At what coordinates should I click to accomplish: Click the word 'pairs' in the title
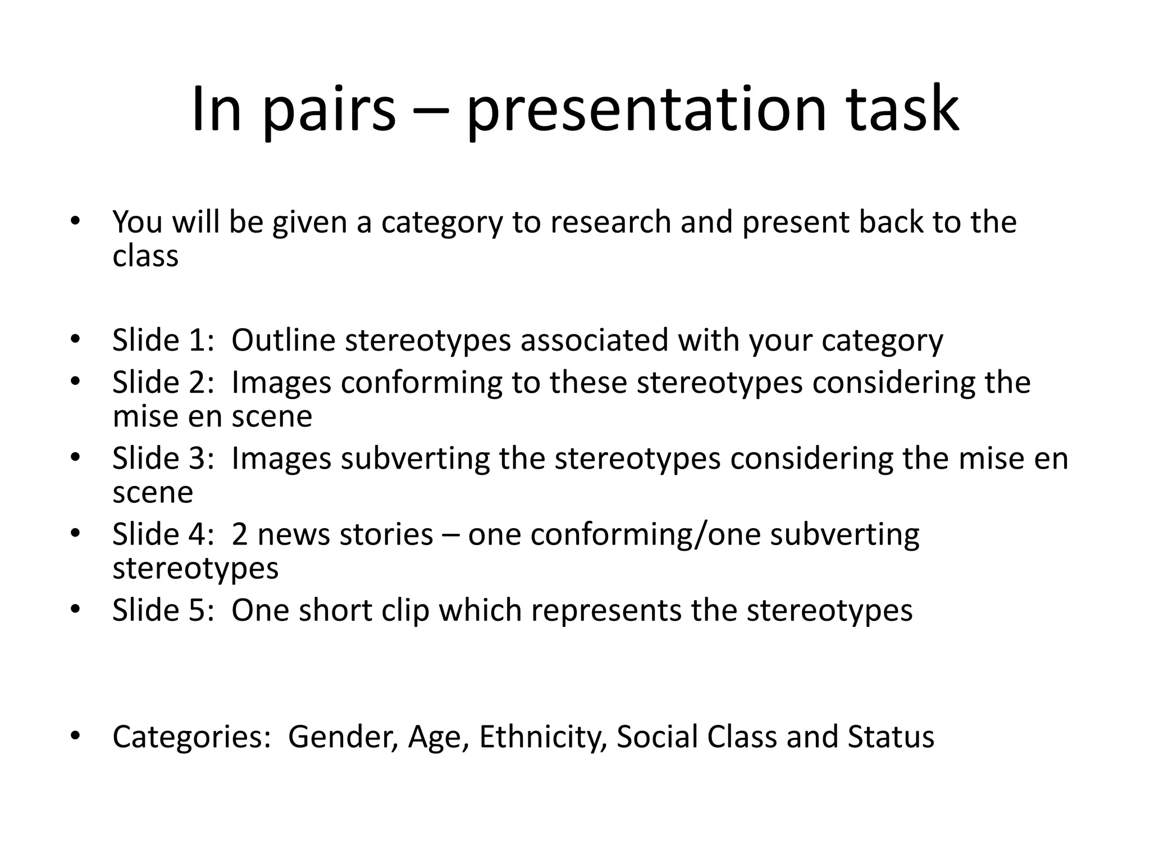click(329, 110)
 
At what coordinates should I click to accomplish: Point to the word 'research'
click(610, 222)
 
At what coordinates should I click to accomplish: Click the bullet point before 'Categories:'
click(76, 735)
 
